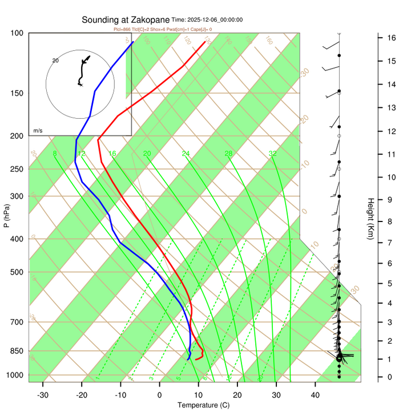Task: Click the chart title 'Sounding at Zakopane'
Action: (126, 20)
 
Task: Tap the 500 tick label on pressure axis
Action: (17, 272)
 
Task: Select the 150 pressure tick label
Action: (17, 93)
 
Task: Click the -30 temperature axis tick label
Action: (43, 395)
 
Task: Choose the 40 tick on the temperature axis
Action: (315, 395)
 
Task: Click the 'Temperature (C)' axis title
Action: (203, 405)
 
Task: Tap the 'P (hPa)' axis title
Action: (7, 216)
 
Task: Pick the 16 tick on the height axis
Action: (392, 38)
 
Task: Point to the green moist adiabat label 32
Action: (273, 154)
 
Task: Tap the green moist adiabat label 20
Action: (147, 154)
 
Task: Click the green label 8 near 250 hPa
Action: (55, 154)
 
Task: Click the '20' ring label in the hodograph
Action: (55, 61)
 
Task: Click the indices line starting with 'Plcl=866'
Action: (163, 29)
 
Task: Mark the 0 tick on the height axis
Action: (390, 377)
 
